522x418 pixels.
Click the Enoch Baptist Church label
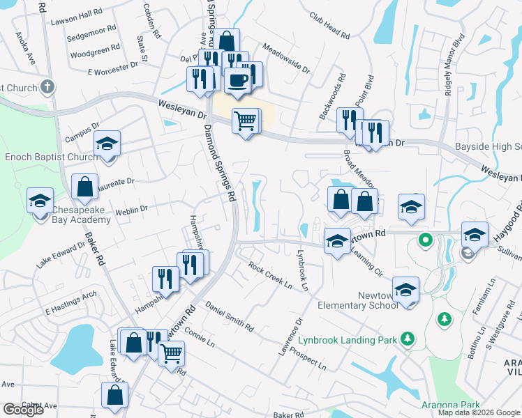pyautogui.click(x=52, y=157)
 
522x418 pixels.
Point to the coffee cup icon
pyautogui.click(x=238, y=78)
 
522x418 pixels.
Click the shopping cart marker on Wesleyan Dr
pyautogui.click(x=244, y=121)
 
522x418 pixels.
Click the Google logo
pyautogui.click(x=23, y=410)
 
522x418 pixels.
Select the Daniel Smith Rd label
pyautogui.click(x=230, y=316)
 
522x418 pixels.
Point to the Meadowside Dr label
pyautogui.click(x=286, y=58)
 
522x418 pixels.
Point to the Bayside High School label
pyautogui.click(x=488, y=147)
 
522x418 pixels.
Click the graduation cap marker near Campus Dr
pyautogui.click(x=107, y=144)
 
